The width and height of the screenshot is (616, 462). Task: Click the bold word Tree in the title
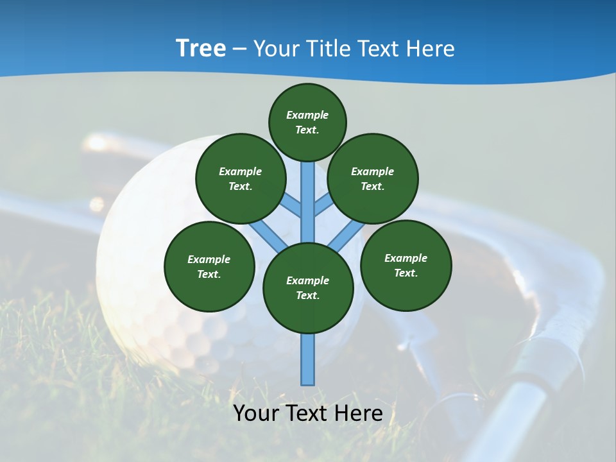coord(201,48)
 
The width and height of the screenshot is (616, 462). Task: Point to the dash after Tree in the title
coord(239,49)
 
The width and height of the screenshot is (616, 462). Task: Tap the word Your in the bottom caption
coord(257,413)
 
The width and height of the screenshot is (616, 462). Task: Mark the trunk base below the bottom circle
coord(308,359)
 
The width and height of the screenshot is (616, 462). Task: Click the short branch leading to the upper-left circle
coord(291,205)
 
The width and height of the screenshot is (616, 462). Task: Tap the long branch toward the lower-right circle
coord(346,236)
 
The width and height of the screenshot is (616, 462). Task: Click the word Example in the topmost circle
coord(307,115)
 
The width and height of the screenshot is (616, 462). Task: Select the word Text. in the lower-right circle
coord(406,273)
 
